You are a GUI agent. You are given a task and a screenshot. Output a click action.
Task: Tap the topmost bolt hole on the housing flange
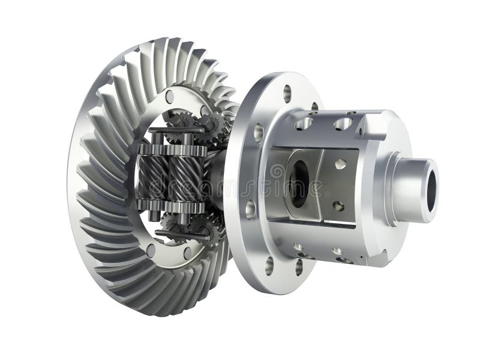click(287, 92)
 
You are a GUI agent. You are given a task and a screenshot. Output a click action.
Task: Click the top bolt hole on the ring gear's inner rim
click(170, 96)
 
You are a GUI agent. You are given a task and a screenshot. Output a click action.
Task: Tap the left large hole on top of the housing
click(304, 124)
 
